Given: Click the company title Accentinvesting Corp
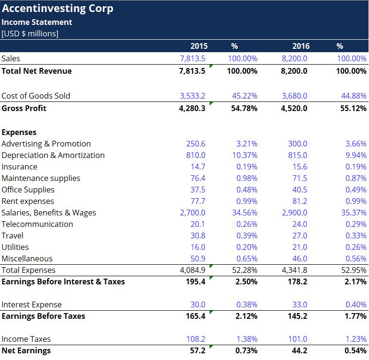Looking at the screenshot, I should click(x=57, y=9).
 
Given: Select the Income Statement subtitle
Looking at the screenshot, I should click(x=37, y=22).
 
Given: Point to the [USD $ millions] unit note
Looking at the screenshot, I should click(x=30, y=34).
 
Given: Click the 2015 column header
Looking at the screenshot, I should click(x=199, y=46).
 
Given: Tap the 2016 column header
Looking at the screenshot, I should click(x=301, y=46).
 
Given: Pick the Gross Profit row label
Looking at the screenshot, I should click(x=24, y=108).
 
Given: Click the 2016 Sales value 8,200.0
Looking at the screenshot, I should click(x=295, y=58).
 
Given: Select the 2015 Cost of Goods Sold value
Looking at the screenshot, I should click(x=192, y=96).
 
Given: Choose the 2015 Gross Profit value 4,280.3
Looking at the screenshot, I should click(x=192, y=108).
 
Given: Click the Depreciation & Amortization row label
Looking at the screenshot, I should click(x=53, y=155).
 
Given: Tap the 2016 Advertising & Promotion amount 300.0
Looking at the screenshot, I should click(x=298, y=144).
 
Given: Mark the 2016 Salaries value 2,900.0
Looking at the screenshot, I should click(x=295, y=213).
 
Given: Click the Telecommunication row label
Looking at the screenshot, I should click(x=37, y=224).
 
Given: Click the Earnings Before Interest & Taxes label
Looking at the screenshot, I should click(x=63, y=281).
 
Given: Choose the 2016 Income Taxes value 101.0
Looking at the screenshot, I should click(x=298, y=339).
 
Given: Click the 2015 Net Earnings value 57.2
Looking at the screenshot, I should click(x=197, y=350).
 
